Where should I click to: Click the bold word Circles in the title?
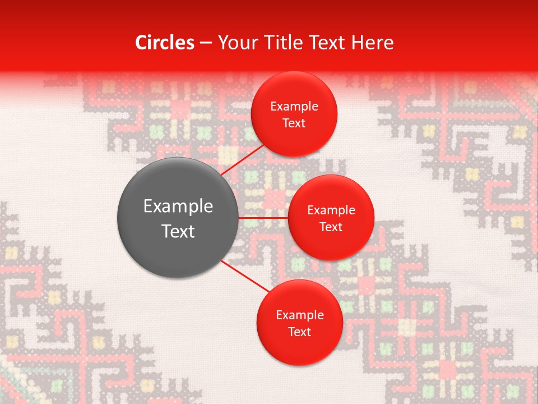(x=165, y=43)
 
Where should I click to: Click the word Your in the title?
(x=235, y=43)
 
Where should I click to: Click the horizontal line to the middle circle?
(x=263, y=217)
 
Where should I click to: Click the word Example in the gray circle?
(x=178, y=206)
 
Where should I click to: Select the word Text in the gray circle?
(x=178, y=231)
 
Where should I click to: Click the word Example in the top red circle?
(x=294, y=106)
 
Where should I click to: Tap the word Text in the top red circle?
(x=294, y=123)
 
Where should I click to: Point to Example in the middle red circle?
(x=331, y=210)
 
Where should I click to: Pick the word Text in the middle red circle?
(x=331, y=227)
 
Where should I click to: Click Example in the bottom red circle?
(x=299, y=315)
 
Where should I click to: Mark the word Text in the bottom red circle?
(x=299, y=332)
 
